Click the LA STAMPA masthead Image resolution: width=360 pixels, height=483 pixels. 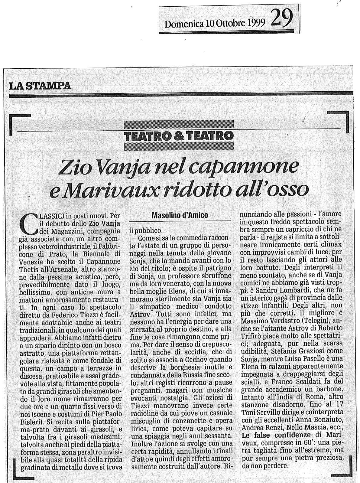pyautogui.click(x=40, y=86)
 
